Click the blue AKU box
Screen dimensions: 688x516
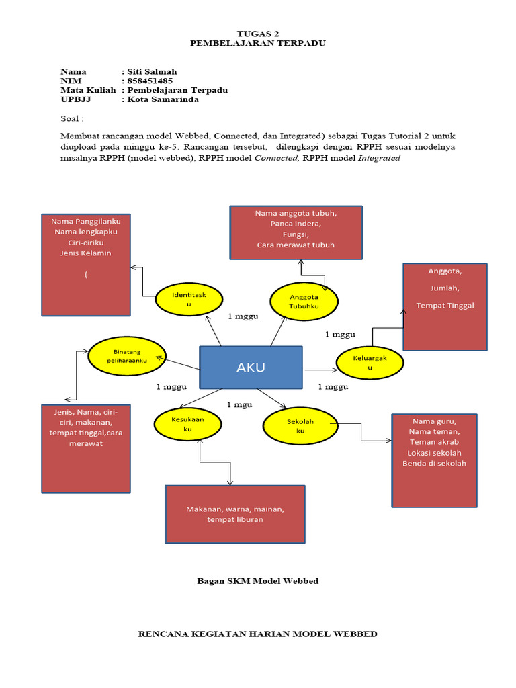pyautogui.click(x=251, y=367)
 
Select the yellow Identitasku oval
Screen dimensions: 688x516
pyautogui.click(x=189, y=300)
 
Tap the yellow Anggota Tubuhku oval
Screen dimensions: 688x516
pyautogui.click(x=304, y=301)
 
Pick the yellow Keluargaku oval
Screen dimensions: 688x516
pyautogui.click(x=370, y=363)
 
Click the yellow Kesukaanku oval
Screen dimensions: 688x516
pyautogui.click(x=187, y=423)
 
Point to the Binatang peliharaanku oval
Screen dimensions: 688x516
pyautogui.click(x=127, y=356)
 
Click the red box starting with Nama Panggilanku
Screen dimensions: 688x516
pyautogui.click(x=86, y=265)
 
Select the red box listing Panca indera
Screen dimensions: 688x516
pyautogui.click(x=296, y=232)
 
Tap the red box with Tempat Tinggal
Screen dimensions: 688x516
pyautogui.click(x=445, y=306)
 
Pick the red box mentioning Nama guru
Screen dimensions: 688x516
pyautogui.click(x=434, y=460)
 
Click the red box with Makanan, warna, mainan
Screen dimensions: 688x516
pyautogui.click(x=235, y=514)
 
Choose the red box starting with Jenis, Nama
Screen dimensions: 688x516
pyautogui.click(x=86, y=448)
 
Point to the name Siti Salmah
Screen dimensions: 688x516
pyautogui.click(x=153, y=71)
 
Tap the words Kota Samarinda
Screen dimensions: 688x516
pyautogui.click(x=163, y=99)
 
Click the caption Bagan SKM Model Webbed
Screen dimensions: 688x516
pyautogui.click(x=257, y=580)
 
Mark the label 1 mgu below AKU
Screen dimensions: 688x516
pyautogui.click(x=239, y=404)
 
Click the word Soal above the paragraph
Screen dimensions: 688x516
pyautogui.click(x=71, y=119)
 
